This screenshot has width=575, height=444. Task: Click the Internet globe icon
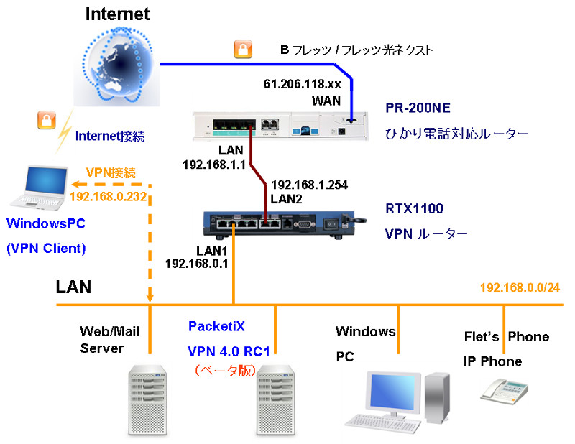pyautogui.click(x=117, y=66)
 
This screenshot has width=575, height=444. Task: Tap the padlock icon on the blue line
pyautogui.click(x=243, y=49)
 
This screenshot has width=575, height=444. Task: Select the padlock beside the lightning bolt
pyautogui.click(x=47, y=120)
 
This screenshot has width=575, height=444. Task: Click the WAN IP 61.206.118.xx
pyautogui.click(x=302, y=84)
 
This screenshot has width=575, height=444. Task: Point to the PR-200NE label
pyautogui.click(x=418, y=108)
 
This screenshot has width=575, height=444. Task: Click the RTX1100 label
pyautogui.click(x=414, y=208)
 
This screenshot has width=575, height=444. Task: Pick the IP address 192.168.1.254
pyautogui.click(x=309, y=185)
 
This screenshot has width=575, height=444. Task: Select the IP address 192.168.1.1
pyautogui.click(x=214, y=165)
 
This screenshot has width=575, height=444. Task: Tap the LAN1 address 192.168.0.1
pyautogui.click(x=196, y=263)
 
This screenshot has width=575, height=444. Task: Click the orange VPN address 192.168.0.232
pyautogui.click(x=109, y=197)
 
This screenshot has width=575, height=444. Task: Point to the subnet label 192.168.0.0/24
pyautogui.click(x=520, y=287)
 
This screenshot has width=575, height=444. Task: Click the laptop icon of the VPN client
pyautogui.click(x=40, y=188)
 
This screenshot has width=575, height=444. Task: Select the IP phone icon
pyautogui.click(x=505, y=392)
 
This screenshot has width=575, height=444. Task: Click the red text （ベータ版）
pyautogui.click(x=224, y=371)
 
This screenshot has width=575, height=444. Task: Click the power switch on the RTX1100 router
pyautogui.click(x=331, y=223)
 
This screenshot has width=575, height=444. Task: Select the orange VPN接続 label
pyautogui.click(x=111, y=172)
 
